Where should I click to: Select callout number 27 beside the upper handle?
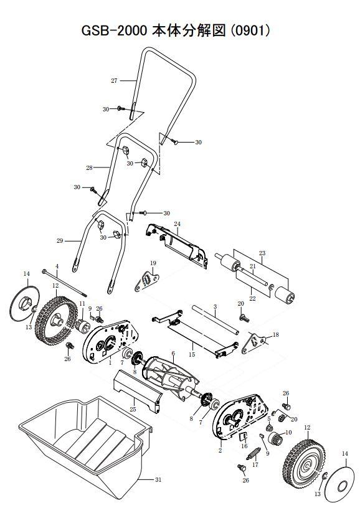point(114,82)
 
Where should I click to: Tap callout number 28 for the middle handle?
point(89,168)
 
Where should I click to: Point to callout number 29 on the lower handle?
point(60,240)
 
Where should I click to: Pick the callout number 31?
point(158,479)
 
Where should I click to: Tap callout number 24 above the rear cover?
point(177,223)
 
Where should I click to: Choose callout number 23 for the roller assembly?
point(262,253)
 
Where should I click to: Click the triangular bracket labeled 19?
point(147,280)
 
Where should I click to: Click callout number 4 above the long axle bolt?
point(57,266)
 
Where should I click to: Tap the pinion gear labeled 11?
point(81,324)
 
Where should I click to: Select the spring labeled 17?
point(253,463)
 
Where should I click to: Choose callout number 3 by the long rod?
point(215,307)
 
